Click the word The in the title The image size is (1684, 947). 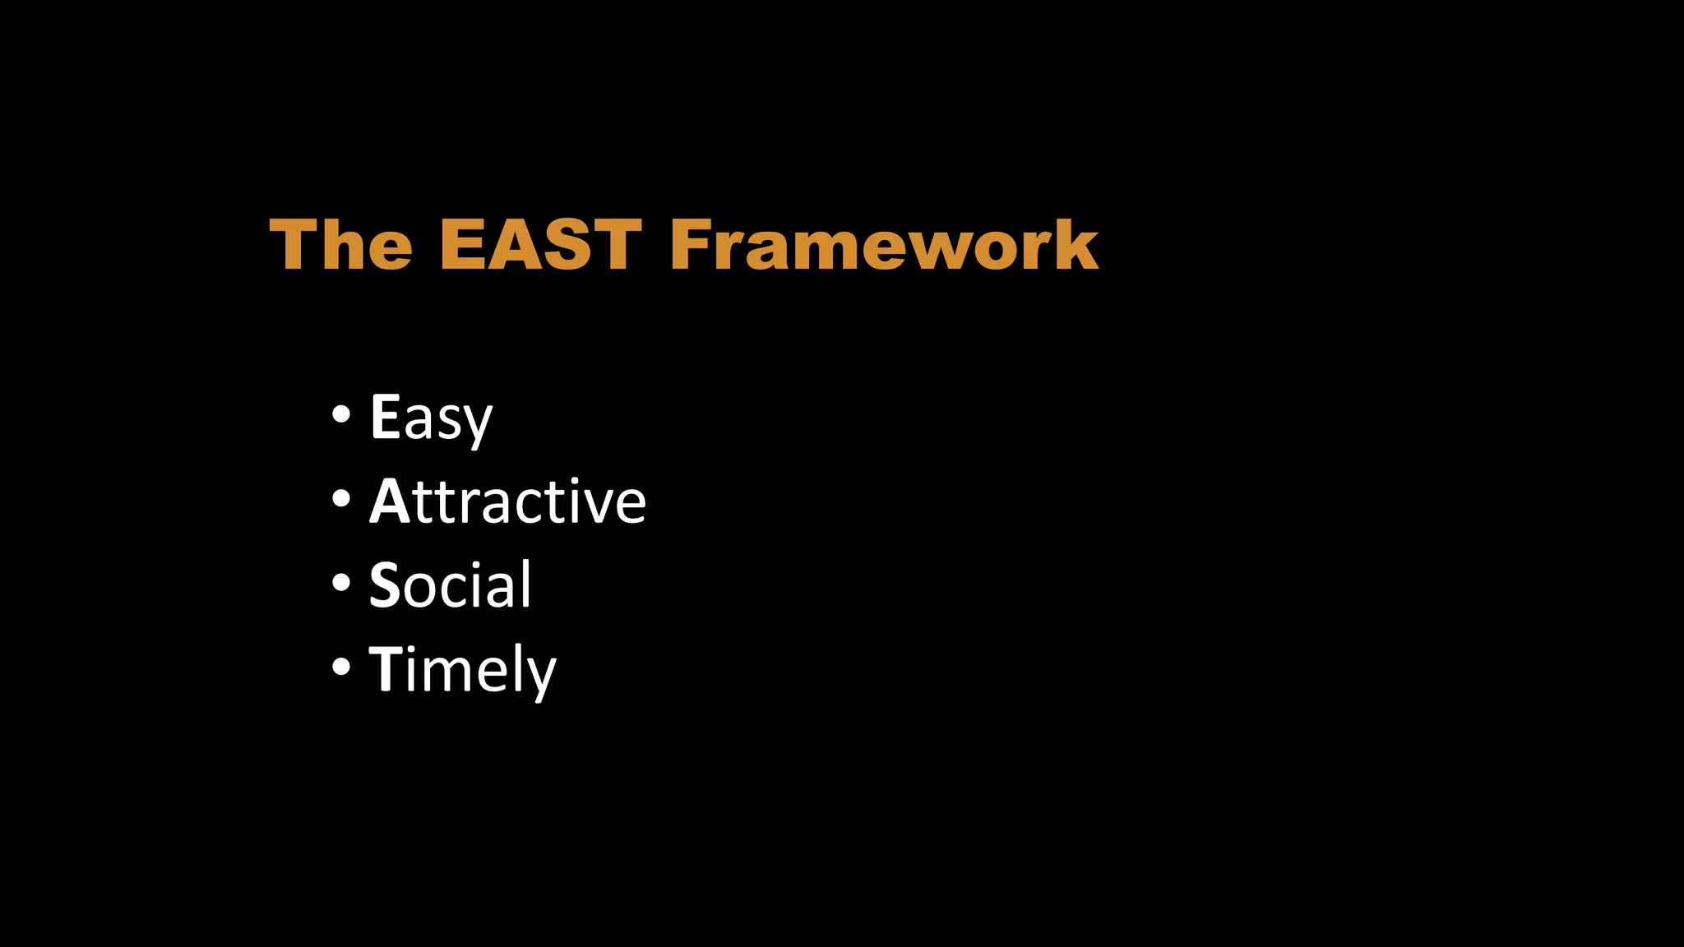pyautogui.click(x=340, y=244)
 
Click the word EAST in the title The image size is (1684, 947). pyautogui.click(x=540, y=244)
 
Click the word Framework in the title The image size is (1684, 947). pyautogui.click(x=884, y=244)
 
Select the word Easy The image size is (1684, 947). pyautogui.click(x=431, y=418)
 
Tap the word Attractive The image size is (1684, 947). pyautogui.click(x=507, y=501)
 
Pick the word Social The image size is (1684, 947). pyautogui.click(x=450, y=584)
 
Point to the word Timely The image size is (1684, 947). pyautogui.click(x=462, y=669)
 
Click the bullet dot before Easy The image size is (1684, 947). pyautogui.click(x=340, y=414)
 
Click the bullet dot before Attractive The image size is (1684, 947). pyautogui.click(x=340, y=498)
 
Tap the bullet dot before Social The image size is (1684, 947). pyautogui.click(x=340, y=583)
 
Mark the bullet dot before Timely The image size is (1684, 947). pyautogui.click(x=340, y=667)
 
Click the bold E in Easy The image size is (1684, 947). pyautogui.click(x=385, y=416)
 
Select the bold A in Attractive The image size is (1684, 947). pyautogui.click(x=389, y=501)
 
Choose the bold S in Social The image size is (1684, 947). pyautogui.click(x=385, y=584)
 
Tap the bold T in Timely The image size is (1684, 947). pyautogui.click(x=385, y=668)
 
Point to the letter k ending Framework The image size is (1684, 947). pyautogui.click(x=1076, y=244)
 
